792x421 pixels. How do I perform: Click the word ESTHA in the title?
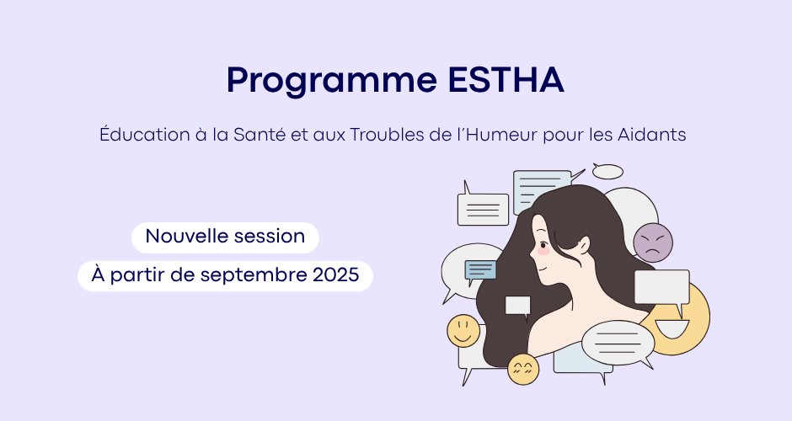(x=506, y=80)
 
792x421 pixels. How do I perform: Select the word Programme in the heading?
(x=332, y=81)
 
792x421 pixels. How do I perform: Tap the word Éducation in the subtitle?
(x=144, y=135)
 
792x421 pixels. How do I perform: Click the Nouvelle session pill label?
(x=225, y=237)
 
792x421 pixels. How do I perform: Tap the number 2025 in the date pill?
(x=336, y=275)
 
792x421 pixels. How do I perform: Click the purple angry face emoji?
(x=653, y=242)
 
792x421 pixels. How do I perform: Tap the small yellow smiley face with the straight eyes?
(x=463, y=331)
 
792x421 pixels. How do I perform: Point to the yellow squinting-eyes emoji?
(x=523, y=369)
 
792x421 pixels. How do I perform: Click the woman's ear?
(x=585, y=245)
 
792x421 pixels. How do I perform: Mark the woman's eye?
(x=543, y=246)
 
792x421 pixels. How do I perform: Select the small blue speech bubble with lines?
(x=480, y=270)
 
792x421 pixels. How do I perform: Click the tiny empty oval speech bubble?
(x=607, y=172)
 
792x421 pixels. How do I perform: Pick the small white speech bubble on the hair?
(x=518, y=306)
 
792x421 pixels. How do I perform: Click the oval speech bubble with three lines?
(x=618, y=344)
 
